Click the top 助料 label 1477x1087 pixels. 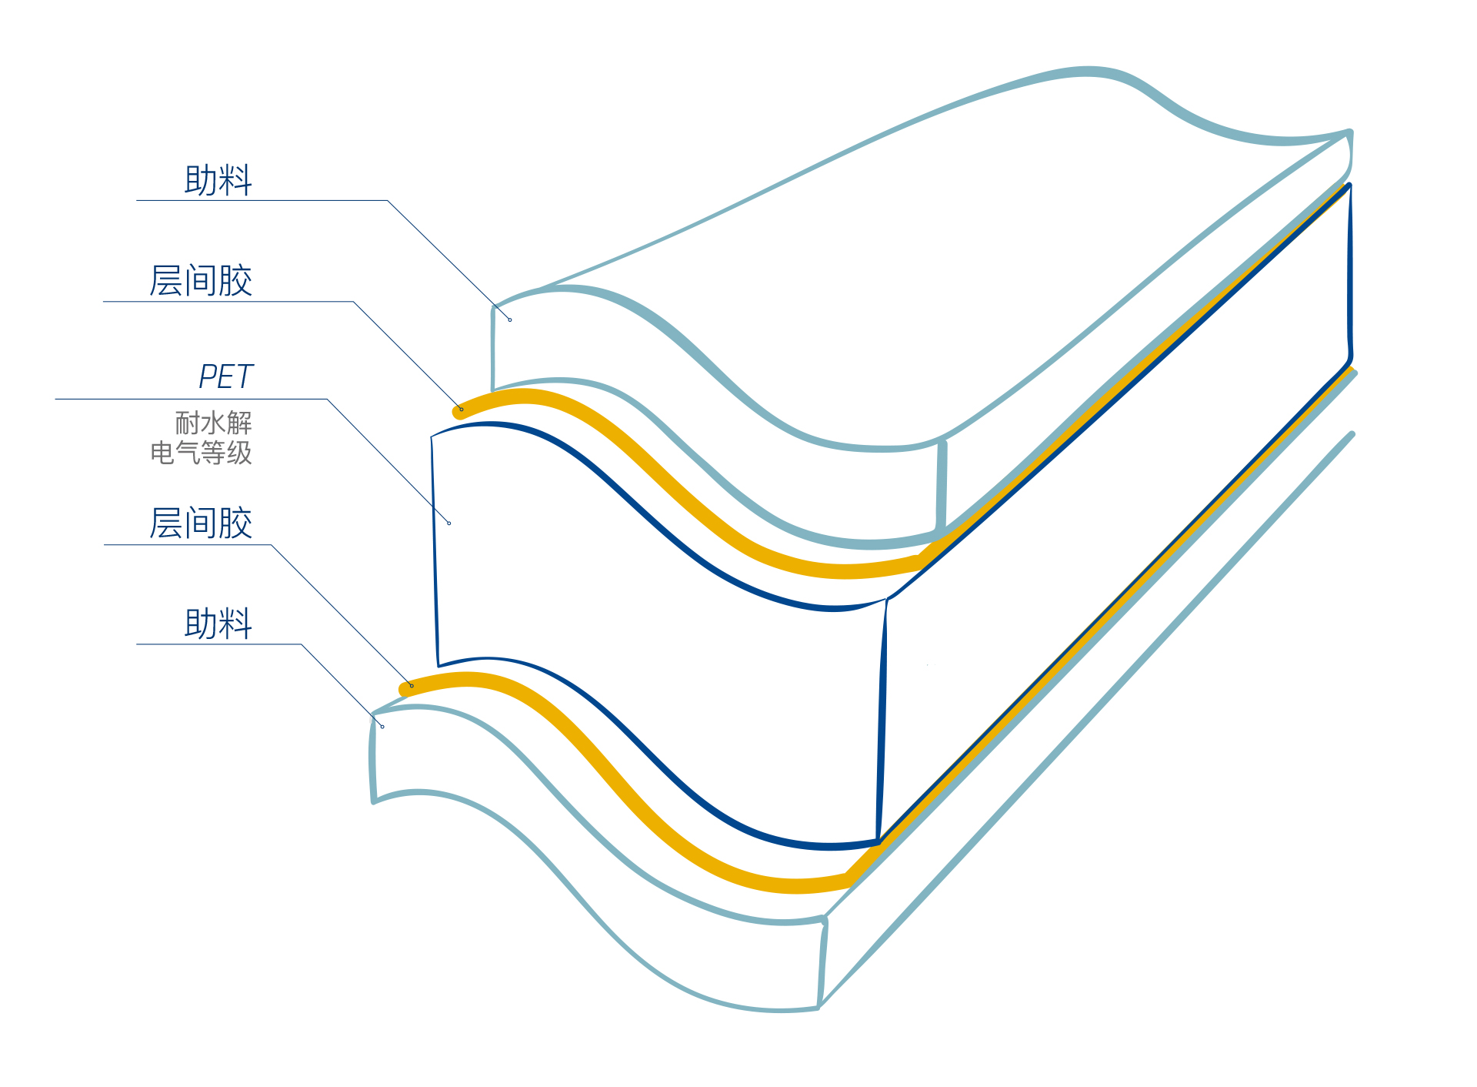(218, 180)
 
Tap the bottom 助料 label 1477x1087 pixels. (218, 624)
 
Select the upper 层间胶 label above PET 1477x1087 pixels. (201, 281)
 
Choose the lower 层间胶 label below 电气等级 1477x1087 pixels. (201, 523)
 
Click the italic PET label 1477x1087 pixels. (225, 377)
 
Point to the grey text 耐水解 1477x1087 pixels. (213, 423)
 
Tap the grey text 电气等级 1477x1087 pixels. (201, 453)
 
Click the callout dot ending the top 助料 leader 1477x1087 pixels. (510, 319)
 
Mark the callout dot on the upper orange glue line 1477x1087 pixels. (462, 410)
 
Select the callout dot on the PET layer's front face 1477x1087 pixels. (449, 523)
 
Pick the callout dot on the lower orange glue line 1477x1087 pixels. (412, 686)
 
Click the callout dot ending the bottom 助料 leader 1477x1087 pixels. (382, 727)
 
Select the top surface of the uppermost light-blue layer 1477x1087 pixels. (923, 269)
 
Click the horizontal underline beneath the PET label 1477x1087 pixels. (192, 399)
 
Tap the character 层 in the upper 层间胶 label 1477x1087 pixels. (165, 281)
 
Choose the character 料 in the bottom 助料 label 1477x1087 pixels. (235, 624)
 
